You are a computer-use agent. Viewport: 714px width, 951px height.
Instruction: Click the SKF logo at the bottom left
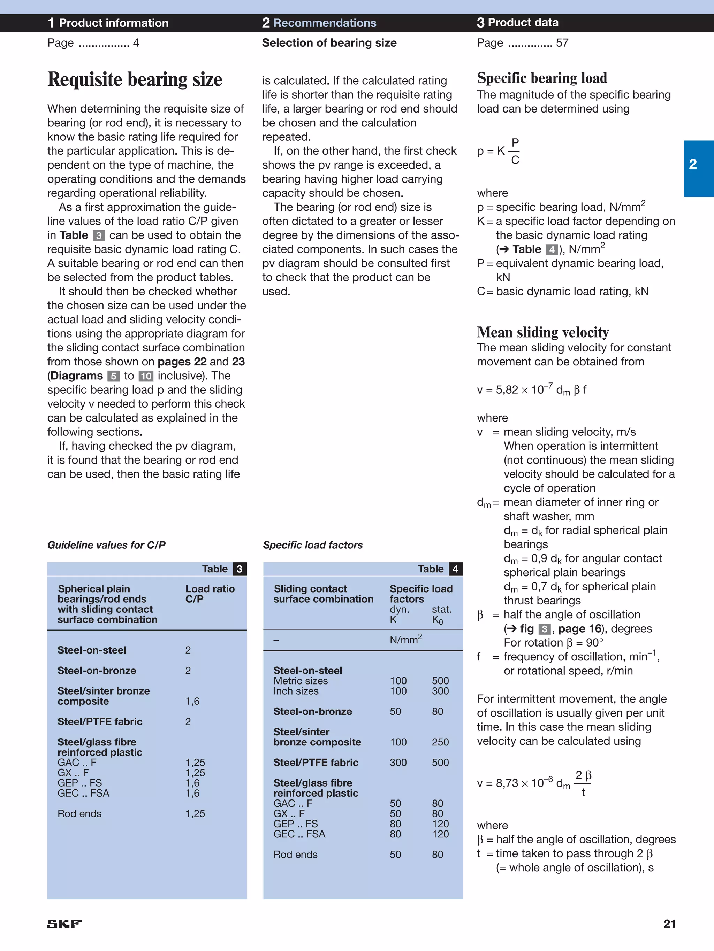click(64, 923)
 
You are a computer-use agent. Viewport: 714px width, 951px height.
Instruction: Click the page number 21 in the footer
click(669, 923)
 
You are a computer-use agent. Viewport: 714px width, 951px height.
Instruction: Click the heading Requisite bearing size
click(135, 79)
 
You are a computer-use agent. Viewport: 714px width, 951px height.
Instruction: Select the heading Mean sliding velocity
click(543, 332)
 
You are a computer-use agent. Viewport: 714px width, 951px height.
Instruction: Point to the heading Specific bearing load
click(542, 78)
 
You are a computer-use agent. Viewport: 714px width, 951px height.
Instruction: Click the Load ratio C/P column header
click(210, 594)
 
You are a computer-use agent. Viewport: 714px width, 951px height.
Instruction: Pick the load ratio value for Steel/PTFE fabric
click(188, 721)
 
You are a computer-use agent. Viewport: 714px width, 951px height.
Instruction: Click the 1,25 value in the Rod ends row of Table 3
click(195, 813)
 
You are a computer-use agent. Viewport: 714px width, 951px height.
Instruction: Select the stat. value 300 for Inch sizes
click(440, 691)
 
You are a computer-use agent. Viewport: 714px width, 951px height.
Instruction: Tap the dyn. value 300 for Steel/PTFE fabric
click(398, 762)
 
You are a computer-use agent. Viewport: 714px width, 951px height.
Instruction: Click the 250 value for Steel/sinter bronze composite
click(440, 742)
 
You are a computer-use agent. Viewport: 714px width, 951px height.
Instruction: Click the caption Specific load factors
click(312, 545)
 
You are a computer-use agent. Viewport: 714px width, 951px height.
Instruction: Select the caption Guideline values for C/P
click(106, 545)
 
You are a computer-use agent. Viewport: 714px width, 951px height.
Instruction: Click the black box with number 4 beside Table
click(455, 569)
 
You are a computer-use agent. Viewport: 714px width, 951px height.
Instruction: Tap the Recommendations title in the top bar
click(325, 23)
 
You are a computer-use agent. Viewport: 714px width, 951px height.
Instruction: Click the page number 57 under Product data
click(562, 43)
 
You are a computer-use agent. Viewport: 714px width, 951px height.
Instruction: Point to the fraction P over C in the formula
click(515, 151)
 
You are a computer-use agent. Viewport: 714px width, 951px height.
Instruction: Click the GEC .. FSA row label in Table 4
click(299, 834)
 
